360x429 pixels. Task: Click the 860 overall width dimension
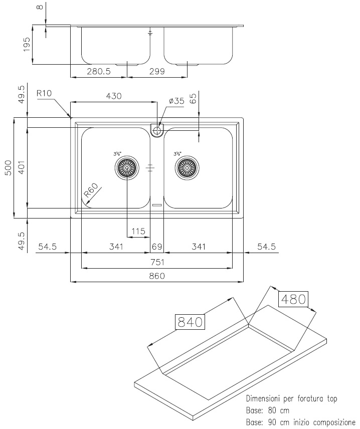coord(157,276)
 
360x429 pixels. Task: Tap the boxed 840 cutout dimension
coord(190,322)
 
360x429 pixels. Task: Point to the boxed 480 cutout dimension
coord(293,299)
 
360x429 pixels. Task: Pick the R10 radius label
coord(44,93)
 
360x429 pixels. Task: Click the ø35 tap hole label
coord(176,101)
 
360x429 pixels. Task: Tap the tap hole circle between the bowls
coord(157,130)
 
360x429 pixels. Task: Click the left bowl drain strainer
coord(127,167)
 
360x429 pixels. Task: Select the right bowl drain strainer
coord(187,167)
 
